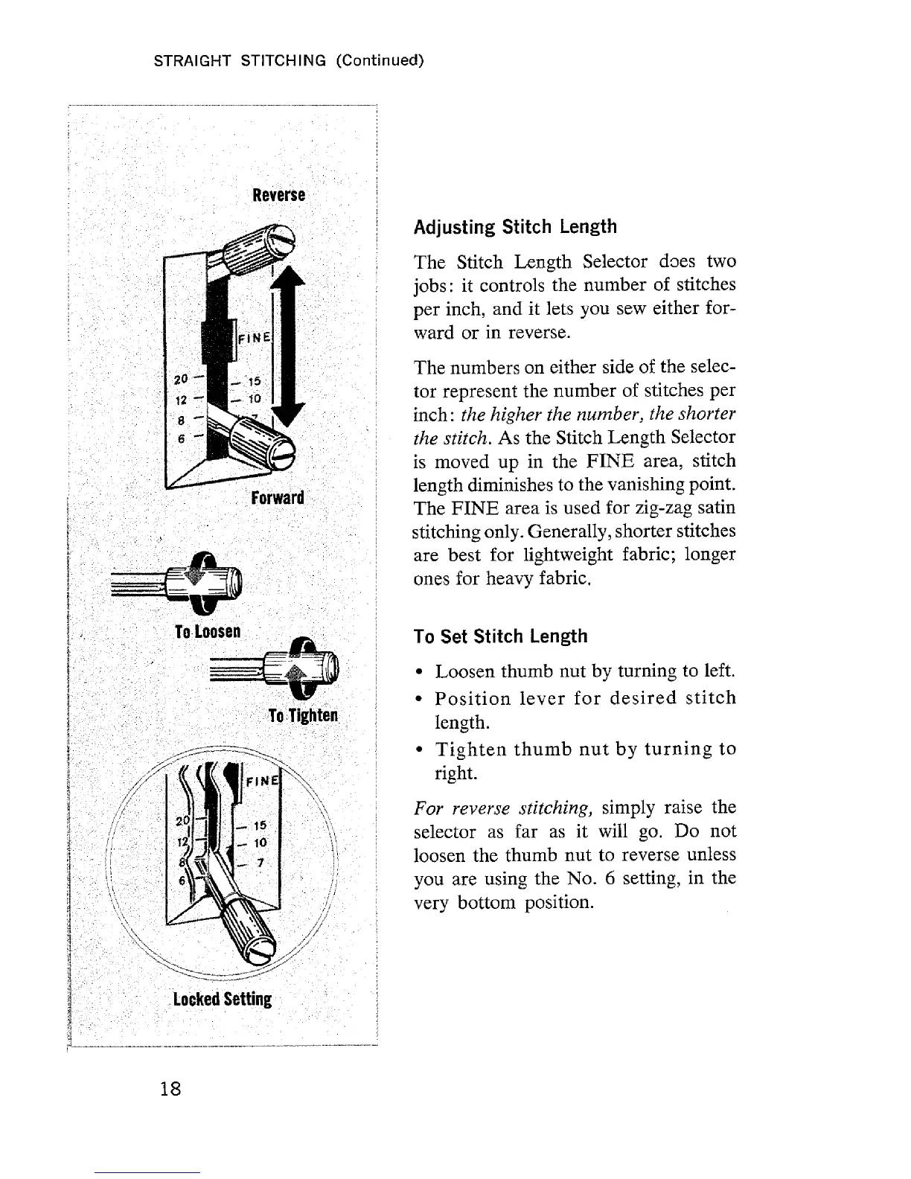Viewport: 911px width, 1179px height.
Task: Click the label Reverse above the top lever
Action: pyautogui.click(x=278, y=195)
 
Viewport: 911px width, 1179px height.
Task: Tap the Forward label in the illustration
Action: pyautogui.click(x=278, y=497)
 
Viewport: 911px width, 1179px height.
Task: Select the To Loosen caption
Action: pyautogui.click(x=207, y=632)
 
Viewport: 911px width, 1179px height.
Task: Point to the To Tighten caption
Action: pyautogui.click(x=303, y=715)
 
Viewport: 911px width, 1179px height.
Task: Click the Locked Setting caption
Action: pyautogui.click(x=222, y=999)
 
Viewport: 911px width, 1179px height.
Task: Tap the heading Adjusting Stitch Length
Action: pyautogui.click(x=515, y=226)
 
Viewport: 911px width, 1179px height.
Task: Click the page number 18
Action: pyautogui.click(x=170, y=1089)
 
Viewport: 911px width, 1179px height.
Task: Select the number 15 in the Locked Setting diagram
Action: pyautogui.click(x=260, y=825)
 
